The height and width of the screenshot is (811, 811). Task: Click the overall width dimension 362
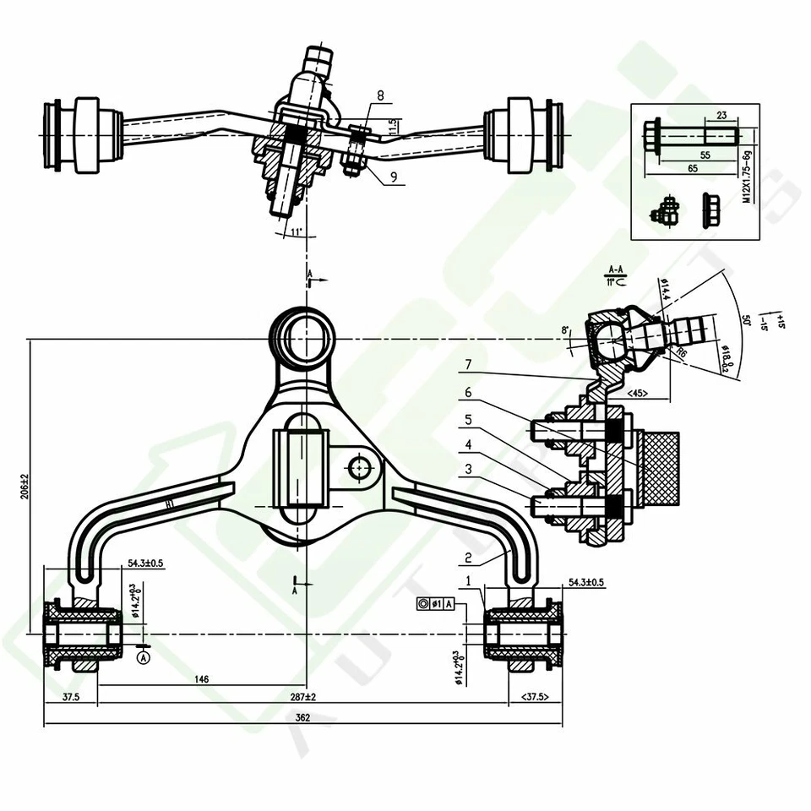[303, 717]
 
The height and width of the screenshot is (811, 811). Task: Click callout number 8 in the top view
[380, 96]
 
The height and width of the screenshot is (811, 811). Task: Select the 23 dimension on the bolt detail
[721, 117]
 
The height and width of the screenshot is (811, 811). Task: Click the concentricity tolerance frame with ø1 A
[436, 603]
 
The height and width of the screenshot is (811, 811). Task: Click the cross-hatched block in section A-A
[661, 468]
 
